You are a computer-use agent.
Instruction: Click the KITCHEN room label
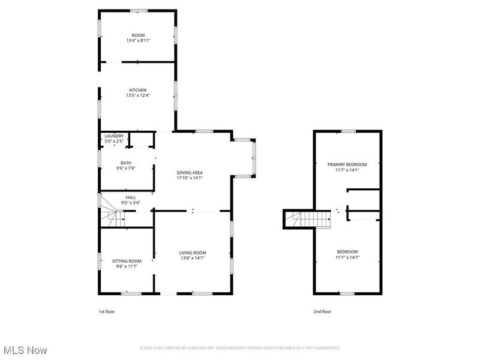tap(137, 90)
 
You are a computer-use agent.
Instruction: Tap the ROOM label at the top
tap(137, 35)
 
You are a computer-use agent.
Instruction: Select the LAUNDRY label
tap(114, 136)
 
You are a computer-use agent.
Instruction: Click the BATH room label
tap(125, 163)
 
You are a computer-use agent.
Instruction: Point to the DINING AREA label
tap(189, 173)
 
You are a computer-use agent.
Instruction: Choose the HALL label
tap(130, 197)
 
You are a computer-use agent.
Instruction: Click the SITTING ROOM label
tap(127, 261)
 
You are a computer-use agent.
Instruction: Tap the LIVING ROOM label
tap(192, 253)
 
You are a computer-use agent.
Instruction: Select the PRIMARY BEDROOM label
tap(347, 164)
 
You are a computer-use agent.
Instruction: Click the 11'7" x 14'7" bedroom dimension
tap(347, 257)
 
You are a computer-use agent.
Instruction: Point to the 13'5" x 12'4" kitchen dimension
tap(137, 95)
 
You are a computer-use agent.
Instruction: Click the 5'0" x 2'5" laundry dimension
tap(114, 141)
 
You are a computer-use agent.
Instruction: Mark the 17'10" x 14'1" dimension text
tap(189, 178)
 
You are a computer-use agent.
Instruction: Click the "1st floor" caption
tap(106, 311)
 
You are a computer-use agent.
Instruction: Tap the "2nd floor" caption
tap(322, 311)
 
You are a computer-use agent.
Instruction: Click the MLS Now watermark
tap(25, 349)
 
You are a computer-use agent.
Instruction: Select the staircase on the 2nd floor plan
tap(308, 220)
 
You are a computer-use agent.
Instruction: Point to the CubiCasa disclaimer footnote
tap(240, 348)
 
